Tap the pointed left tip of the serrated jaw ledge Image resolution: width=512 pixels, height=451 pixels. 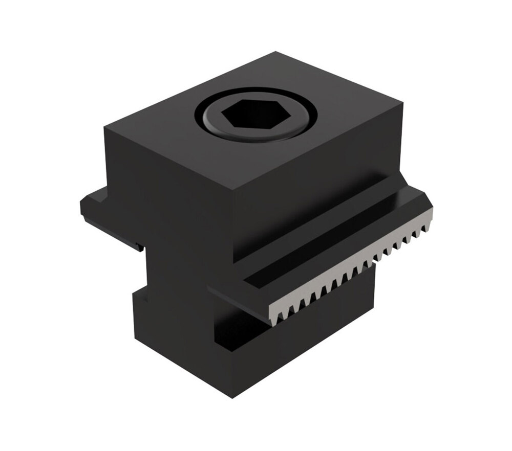210,290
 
